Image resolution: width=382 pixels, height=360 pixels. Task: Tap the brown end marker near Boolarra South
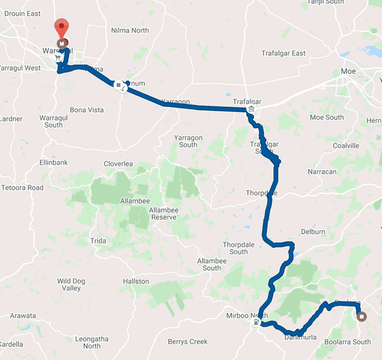click(362, 316)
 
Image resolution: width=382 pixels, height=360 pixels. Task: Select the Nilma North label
click(130, 31)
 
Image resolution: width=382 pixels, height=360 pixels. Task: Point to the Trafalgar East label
click(283, 54)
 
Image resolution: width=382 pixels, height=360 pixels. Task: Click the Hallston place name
click(136, 281)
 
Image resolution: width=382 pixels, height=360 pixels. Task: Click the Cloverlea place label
click(118, 164)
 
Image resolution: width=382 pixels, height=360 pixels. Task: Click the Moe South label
click(326, 117)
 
